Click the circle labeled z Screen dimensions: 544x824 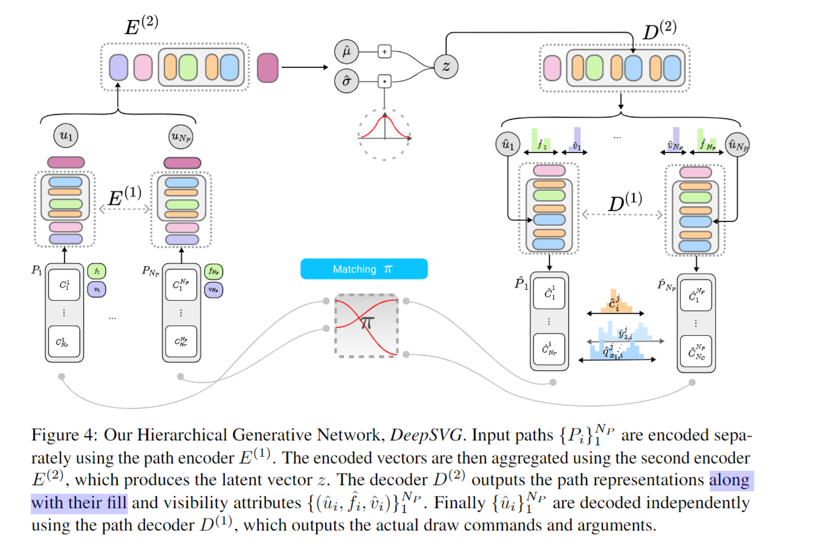tap(446, 67)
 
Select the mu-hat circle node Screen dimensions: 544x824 tap(346, 52)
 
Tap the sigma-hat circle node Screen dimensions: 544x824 tap(346, 81)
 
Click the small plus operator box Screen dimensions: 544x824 tap(385, 52)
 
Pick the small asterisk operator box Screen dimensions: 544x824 tap(385, 81)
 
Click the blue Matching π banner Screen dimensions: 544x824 tap(364, 269)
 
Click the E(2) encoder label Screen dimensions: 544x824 tap(141, 25)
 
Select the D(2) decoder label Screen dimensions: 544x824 tap(660, 30)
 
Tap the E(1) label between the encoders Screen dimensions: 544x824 tap(125, 196)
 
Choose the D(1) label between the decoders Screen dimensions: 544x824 tap(625, 202)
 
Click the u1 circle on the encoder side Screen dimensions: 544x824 tap(66, 135)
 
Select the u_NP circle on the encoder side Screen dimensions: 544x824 tap(181, 137)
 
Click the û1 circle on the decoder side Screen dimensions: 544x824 tap(508, 144)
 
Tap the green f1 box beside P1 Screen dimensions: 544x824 tap(97, 271)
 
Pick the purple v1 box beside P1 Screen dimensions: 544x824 tap(97, 290)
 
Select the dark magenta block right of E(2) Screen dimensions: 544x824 tap(268, 68)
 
